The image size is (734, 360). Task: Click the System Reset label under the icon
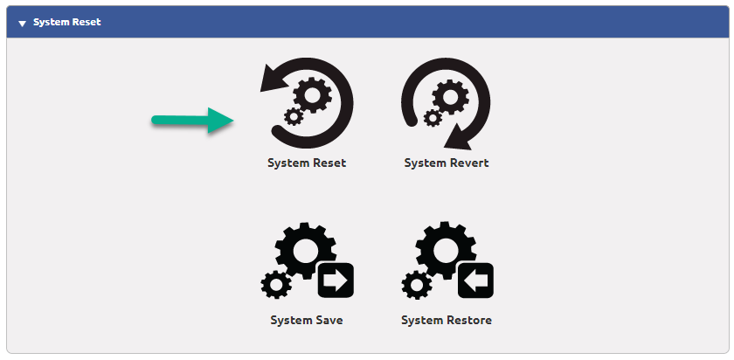point(307,163)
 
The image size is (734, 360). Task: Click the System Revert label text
point(447,163)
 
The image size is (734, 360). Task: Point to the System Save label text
point(307,321)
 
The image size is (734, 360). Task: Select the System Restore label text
point(447,321)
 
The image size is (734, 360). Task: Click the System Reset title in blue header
point(67,22)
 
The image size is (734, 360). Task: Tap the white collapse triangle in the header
point(22,23)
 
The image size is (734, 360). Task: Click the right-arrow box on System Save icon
point(335,280)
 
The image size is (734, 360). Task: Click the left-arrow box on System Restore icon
point(474,280)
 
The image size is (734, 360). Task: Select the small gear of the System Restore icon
point(416,284)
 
